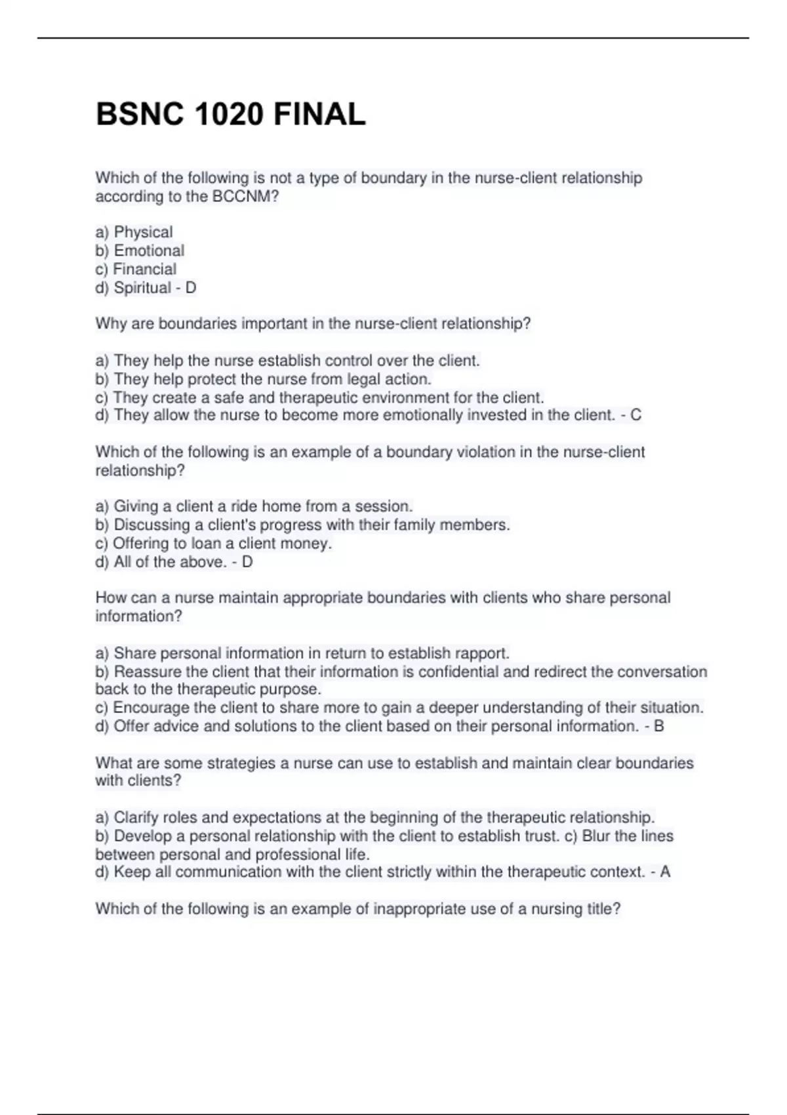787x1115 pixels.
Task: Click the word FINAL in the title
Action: [x=319, y=115]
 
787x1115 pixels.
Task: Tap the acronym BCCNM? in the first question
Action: [x=245, y=197]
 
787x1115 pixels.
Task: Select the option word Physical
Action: [x=143, y=232]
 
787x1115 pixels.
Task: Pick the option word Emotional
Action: [x=149, y=251]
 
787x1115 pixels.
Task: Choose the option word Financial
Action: [x=144, y=269]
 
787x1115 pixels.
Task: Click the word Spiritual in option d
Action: [x=142, y=288]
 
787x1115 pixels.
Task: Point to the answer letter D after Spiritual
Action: [x=191, y=288]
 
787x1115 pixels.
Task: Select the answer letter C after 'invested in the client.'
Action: [x=636, y=415]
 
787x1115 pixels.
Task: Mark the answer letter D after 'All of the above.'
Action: [x=247, y=562]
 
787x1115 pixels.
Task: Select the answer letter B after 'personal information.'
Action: [x=659, y=726]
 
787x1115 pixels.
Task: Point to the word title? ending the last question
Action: [x=604, y=909]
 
